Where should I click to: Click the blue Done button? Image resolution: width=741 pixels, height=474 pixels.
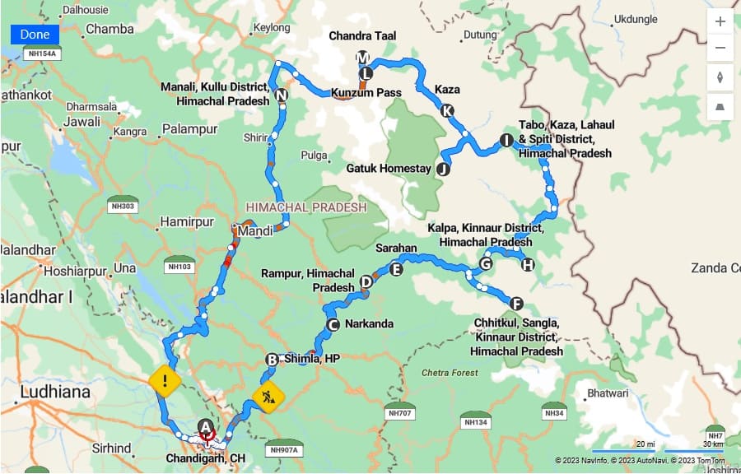coord(35,35)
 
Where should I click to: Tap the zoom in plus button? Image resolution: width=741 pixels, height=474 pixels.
coord(720,21)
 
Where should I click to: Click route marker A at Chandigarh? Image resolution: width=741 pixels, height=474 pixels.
coord(206,425)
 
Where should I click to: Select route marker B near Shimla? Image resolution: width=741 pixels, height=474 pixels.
coord(272,359)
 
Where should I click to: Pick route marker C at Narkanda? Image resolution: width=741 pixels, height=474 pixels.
coord(333,324)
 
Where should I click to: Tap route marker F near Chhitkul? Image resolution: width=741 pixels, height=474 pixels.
coord(516,304)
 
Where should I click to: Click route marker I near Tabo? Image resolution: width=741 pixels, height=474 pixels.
coord(506,141)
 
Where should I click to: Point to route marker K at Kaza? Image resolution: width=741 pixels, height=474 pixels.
coord(447,110)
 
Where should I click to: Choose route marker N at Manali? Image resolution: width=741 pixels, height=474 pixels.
coord(282,95)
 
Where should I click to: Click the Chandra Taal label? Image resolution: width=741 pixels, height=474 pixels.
coord(362,36)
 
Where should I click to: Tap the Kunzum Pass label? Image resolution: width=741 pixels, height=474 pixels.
coord(366,93)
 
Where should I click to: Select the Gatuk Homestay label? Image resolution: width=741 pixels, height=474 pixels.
coord(389,169)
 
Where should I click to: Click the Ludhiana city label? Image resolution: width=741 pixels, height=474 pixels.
coord(54,393)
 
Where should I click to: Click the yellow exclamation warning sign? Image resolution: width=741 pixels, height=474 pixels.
coord(165,381)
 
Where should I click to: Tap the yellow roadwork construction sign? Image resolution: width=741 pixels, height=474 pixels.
coord(268,397)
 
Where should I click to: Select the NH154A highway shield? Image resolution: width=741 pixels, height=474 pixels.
coord(41,53)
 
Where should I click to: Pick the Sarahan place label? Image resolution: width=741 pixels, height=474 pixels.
coord(396,248)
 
